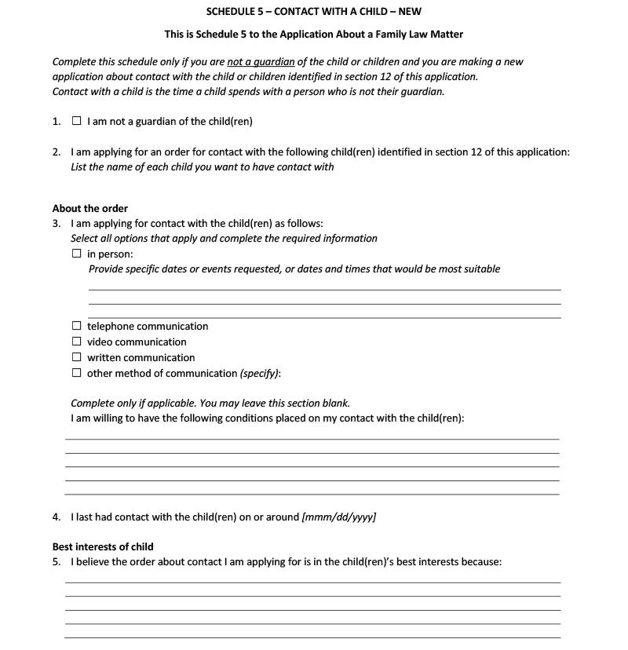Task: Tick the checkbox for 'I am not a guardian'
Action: (x=76, y=122)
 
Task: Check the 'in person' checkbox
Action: (x=76, y=254)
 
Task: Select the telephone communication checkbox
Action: (x=76, y=326)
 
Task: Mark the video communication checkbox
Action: (x=76, y=341)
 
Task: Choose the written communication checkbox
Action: (x=76, y=357)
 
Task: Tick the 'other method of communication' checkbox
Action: (x=76, y=373)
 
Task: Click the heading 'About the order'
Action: (x=89, y=208)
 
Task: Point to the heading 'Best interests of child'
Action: (x=103, y=546)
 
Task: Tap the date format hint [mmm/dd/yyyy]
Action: (x=338, y=517)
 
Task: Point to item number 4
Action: (x=57, y=517)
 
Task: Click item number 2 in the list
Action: (x=57, y=152)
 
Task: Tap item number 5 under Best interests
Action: (x=57, y=561)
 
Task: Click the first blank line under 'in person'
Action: (x=324, y=289)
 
